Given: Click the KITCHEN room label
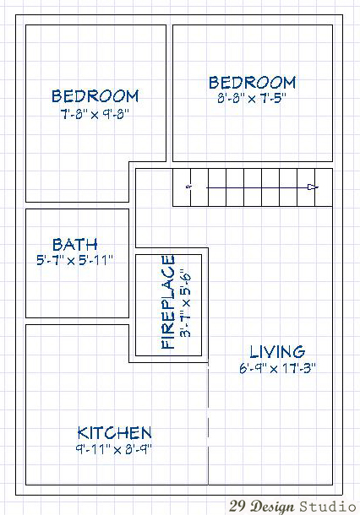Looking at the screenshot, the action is [x=114, y=433].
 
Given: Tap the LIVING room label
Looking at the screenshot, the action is [x=277, y=352].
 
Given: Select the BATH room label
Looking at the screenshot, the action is [x=75, y=244].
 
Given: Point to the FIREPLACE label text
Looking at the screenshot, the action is [x=168, y=302].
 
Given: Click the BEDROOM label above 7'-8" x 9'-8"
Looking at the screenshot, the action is [x=95, y=96].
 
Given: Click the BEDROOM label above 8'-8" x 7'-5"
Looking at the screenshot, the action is [x=252, y=83].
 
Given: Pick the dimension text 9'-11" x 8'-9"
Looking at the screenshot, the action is [x=114, y=449].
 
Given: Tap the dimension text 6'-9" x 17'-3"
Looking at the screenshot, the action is [x=277, y=368].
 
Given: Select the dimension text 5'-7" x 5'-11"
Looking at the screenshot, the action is [x=74, y=261].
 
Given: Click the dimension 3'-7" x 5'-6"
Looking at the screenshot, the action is [x=185, y=303].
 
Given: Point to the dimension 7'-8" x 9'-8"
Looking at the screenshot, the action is [x=95, y=114].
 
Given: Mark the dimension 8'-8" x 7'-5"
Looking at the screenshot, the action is [x=252, y=98].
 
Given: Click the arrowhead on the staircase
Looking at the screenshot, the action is [x=313, y=187].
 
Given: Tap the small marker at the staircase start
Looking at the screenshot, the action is [x=188, y=187].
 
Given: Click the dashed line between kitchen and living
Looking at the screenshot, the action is [x=208, y=424].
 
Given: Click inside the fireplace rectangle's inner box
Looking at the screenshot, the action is [x=169, y=305].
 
